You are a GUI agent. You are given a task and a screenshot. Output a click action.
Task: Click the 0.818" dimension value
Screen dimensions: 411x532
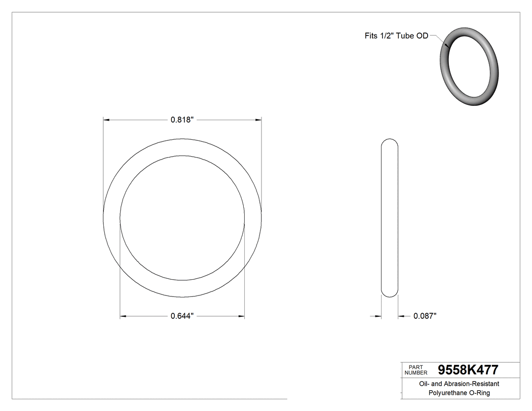[x=182, y=120]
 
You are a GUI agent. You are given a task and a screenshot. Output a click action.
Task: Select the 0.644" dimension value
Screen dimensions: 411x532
[x=182, y=317]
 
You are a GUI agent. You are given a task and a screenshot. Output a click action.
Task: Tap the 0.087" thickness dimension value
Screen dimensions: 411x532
[x=425, y=316]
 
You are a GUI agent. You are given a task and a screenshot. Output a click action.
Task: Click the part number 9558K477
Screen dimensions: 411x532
[x=468, y=369]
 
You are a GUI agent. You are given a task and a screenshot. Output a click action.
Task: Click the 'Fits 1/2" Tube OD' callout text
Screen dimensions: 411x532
[x=396, y=36]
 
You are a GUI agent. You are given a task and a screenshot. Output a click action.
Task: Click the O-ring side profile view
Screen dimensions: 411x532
[x=389, y=218]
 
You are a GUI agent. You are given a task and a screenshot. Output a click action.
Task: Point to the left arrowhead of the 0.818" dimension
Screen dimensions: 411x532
[x=106, y=120]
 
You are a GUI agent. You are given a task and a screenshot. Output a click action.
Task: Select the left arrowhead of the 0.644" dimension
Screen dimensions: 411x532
[x=123, y=317]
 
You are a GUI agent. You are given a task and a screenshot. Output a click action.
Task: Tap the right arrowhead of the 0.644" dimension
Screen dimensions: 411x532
[x=241, y=317]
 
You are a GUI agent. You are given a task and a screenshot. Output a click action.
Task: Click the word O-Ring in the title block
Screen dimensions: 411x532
[x=481, y=393]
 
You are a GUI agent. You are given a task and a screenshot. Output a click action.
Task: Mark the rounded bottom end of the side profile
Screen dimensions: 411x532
[x=389, y=294]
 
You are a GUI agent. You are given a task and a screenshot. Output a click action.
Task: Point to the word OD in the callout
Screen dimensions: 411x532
[x=423, y=36]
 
